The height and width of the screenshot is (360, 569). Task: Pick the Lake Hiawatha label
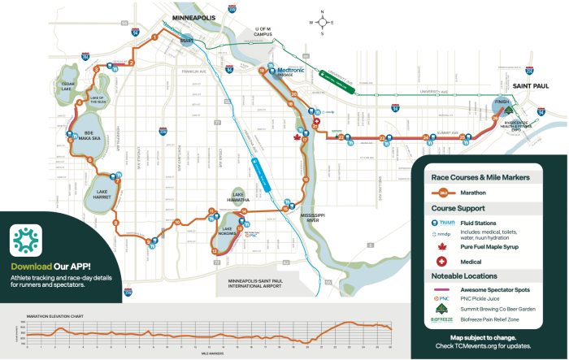(x=238, y=195)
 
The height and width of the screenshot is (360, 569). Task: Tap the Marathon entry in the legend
(x=484, y=193)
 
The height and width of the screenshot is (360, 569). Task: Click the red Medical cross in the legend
(x=442, y=262)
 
